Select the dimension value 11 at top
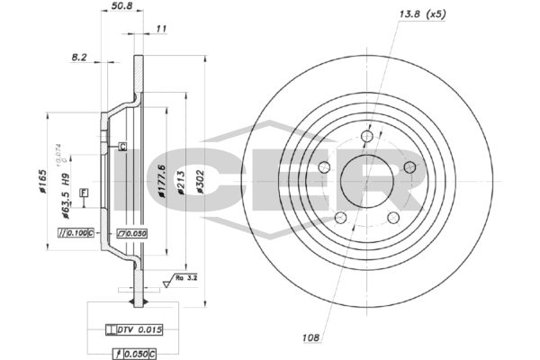tap(161, 30)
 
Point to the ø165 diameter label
tap(42, 182)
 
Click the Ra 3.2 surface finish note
tap(185, 280)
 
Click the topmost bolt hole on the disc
tap(366, 137)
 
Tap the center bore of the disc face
tap(366, 181)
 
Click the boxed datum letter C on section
tap(122, 146)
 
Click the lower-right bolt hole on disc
tap(393, 218)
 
